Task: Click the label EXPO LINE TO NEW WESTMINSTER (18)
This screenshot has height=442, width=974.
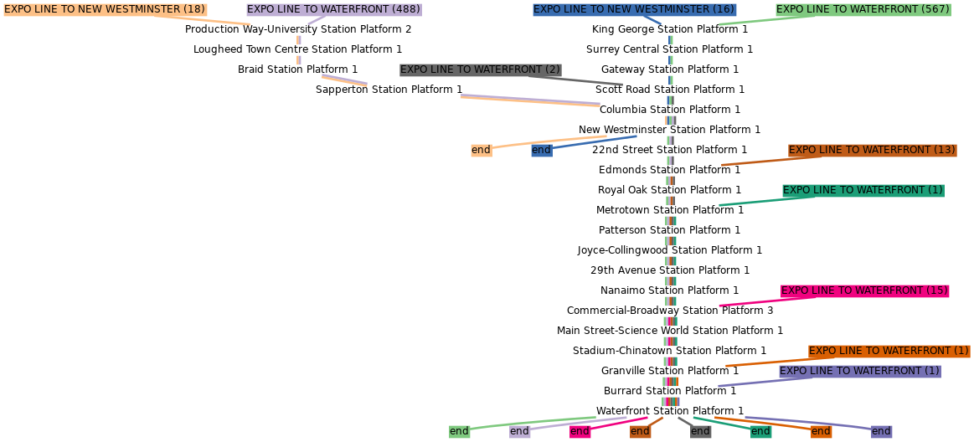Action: (x=105, y=10)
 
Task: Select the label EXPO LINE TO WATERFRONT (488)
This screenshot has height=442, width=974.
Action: (x=333, y=10)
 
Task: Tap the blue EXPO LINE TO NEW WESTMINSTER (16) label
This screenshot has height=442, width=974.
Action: (x=634, y=10)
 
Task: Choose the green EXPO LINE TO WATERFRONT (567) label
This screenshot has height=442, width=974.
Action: (x=863, y=10)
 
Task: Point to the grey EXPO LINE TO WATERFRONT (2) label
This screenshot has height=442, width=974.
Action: (x=480, y=70)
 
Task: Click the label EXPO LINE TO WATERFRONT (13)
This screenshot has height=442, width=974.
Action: (x=872, y=151)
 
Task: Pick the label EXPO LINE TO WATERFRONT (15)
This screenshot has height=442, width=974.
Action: (x=864, y=291)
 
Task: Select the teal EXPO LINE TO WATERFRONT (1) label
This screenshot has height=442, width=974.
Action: (x=863, y=191)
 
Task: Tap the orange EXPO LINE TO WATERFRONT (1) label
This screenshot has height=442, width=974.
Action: (x=889, y=352)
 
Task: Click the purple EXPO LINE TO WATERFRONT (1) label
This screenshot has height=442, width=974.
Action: (x=859, y=372)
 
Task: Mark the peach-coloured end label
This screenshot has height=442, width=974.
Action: (x=481, y=151)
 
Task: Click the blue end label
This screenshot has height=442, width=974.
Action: (x=541, y=151)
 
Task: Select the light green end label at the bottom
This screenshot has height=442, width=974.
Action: (x=459, y=432)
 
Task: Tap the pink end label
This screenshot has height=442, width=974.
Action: (x=580, y=432)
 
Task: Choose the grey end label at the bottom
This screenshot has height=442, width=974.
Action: (x=700, y=432)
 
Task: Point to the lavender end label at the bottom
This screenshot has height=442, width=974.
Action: (x=519, y=432)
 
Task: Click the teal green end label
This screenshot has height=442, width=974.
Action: (x=760, y=432)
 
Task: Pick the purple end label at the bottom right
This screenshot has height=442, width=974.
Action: (x=881, y=432)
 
